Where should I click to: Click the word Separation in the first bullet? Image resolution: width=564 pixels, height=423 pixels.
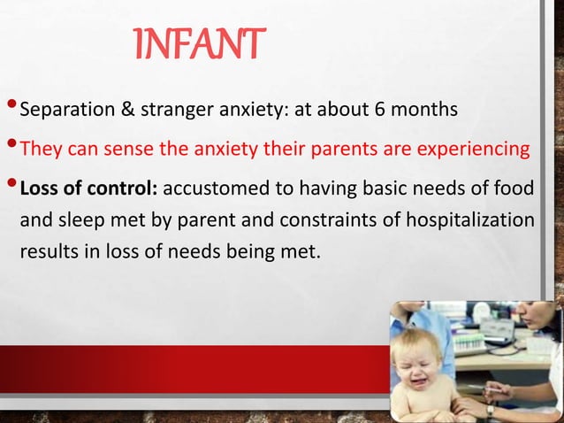pos(61,112)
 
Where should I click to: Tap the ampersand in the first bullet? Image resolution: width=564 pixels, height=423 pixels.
pos(114,112)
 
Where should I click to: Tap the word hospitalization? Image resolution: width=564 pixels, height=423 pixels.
pos(472,219)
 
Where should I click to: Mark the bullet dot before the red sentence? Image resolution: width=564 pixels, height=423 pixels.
pos(11,146)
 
